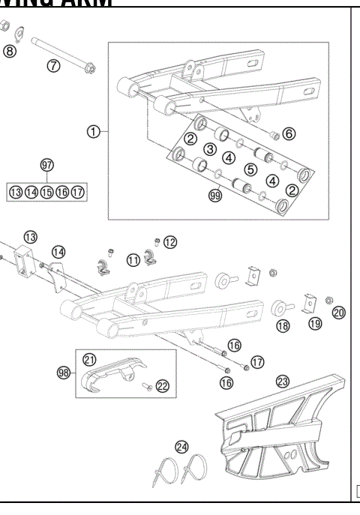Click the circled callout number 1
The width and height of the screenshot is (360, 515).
(x=93, y=131)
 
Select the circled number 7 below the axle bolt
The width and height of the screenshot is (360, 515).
(x=53, y=65)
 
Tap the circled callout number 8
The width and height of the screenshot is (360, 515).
(x=9, y=51)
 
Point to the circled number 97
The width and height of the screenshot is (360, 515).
(x=46, y=164)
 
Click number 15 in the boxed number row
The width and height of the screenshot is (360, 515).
(x=46, y=193)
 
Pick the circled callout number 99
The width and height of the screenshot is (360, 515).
(x=217, y=196)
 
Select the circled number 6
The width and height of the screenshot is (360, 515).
(x=288, y=133)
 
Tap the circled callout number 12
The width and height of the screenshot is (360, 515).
(x=170, y=241)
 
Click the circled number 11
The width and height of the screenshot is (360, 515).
(x=133, y=260)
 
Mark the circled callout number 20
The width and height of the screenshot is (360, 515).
(x=339, y=312)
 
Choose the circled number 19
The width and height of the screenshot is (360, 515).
(x=314, y=324)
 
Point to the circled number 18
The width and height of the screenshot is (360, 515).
(x=283, y=326)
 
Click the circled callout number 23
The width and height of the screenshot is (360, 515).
(x=283, y=381)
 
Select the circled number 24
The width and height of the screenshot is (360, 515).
(x=181, y=447)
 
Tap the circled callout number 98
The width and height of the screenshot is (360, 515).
(x=64, y=372)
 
